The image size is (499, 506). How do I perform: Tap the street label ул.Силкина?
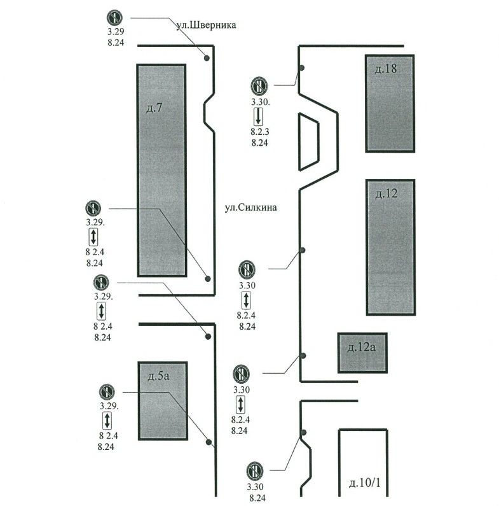252,207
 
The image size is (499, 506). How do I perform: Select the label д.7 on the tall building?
154,108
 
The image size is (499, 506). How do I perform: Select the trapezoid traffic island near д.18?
311,141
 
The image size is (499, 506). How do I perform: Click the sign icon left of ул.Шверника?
114,18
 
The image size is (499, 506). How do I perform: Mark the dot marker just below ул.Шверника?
207,59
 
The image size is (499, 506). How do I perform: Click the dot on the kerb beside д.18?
302,67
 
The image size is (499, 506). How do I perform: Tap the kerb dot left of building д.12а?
303,355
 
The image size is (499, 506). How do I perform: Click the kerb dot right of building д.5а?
208,441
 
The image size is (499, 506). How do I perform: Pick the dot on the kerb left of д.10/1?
303,433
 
